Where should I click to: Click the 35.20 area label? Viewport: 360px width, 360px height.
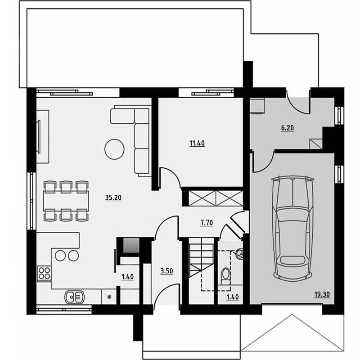(113, 198)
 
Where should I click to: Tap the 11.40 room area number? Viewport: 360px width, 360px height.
(197, 143)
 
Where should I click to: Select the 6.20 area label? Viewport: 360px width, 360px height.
(288, 128)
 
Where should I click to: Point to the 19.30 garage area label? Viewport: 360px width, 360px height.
(322, 294)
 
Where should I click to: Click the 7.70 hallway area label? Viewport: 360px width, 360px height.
(207, 223)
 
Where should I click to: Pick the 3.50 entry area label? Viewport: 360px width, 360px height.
(166, 271)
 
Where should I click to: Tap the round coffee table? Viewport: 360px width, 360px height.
(114, 149)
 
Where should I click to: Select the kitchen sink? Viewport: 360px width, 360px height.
(75, 297)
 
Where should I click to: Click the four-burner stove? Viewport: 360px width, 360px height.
(44, 273)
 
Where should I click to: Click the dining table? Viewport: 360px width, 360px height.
(66, 201)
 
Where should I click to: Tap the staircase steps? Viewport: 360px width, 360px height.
(201, 258)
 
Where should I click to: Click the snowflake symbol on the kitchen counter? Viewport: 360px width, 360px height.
(109, 297)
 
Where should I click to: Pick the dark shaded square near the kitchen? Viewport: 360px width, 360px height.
(131, 246)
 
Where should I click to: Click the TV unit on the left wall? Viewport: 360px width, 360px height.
(43, 137)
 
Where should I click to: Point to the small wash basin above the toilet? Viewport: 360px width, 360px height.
(239, 254)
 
